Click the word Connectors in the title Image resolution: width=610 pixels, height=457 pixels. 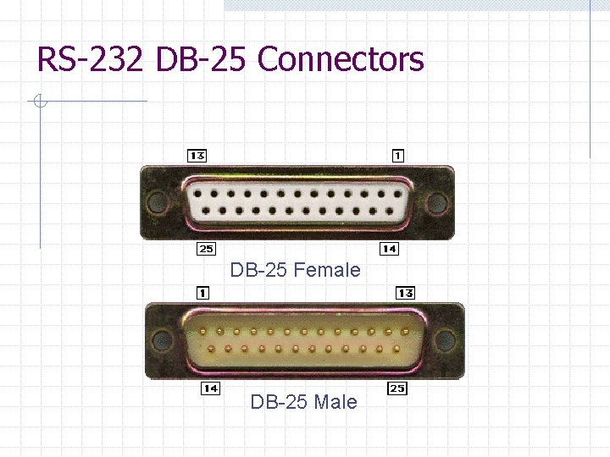pos(340,60)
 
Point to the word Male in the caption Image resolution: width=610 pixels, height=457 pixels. pos(335,402)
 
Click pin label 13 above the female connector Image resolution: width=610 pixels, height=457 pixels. pos(197,156)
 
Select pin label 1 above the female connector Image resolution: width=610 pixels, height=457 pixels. pos(397,156)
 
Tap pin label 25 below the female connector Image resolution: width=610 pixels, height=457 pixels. pos(205,249)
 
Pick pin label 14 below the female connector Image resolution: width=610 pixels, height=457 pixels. pos(389,249)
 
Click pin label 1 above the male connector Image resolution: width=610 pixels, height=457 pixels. pos(203,293)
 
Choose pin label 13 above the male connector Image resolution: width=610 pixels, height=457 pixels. pos(405,293)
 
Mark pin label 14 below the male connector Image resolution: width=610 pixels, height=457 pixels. pos(210,388)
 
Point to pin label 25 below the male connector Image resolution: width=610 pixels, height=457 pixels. pos(396,388)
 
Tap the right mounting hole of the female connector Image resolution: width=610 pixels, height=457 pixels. pos(436,202)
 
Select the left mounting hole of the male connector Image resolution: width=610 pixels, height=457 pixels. pos(160,340)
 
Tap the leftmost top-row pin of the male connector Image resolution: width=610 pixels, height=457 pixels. pos(203,331)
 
